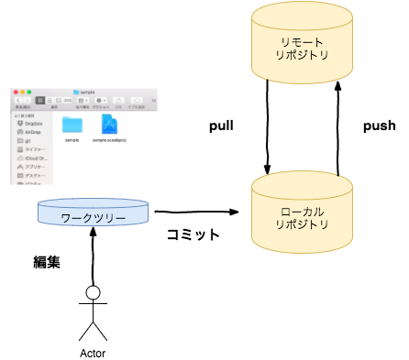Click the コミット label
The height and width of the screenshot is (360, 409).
tap(193, 235)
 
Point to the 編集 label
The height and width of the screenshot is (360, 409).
tap(47, 262)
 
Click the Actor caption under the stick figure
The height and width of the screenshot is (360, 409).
tap(93, 351)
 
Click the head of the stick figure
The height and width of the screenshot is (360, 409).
tap(92, 294)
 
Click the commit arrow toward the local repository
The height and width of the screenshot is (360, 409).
tap(197, 213)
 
